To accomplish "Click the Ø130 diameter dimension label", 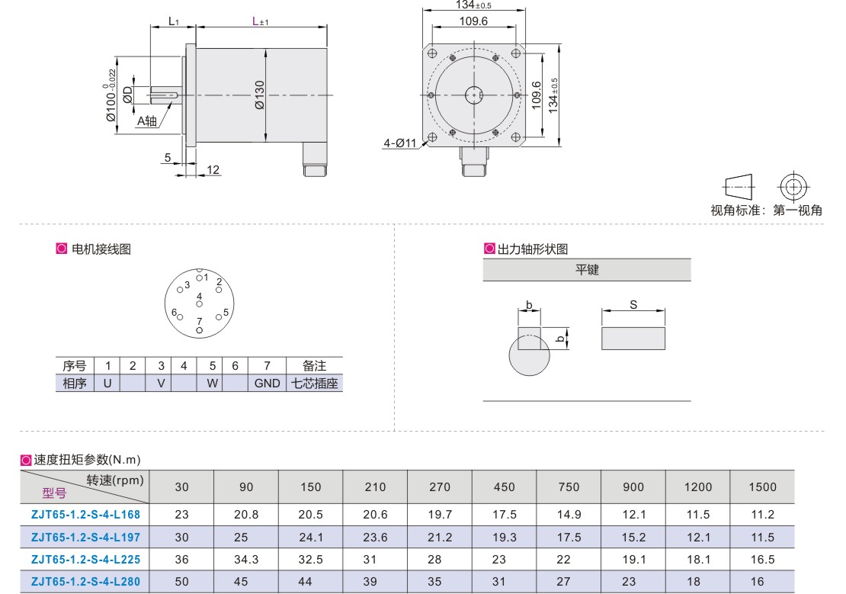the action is click(x=260, y=95).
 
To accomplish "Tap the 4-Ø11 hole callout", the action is click(x=400, y=143).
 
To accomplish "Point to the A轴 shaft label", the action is click(x=147, y=121).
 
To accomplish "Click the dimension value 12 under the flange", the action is click(x=213, y=169).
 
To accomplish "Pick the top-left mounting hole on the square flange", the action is click(x=432, y=53).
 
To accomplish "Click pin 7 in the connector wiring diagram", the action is click(x=199, y=330).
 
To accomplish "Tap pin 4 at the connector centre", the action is click(x=199, y=304).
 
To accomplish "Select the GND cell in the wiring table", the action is click(x=267, y=383).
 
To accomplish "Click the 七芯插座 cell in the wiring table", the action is click(x=315, y=383).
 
